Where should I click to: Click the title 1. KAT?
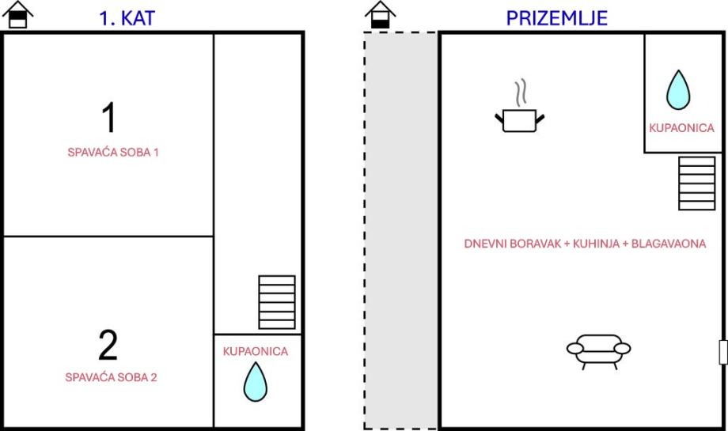127,18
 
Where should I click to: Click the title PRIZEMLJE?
557,17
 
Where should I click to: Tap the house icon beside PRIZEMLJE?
380,15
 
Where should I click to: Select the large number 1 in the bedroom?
109,118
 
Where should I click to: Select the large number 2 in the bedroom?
108,345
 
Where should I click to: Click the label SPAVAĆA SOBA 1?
113,152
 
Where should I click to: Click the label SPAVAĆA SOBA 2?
111,377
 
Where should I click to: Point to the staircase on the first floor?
277,302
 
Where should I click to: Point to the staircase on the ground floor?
697,183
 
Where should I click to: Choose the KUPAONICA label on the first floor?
256,351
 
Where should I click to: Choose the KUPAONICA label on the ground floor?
681,127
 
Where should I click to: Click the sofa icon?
599,350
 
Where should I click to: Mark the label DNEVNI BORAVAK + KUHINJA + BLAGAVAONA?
584,244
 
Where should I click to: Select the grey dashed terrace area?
400,229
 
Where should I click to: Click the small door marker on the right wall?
722,351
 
